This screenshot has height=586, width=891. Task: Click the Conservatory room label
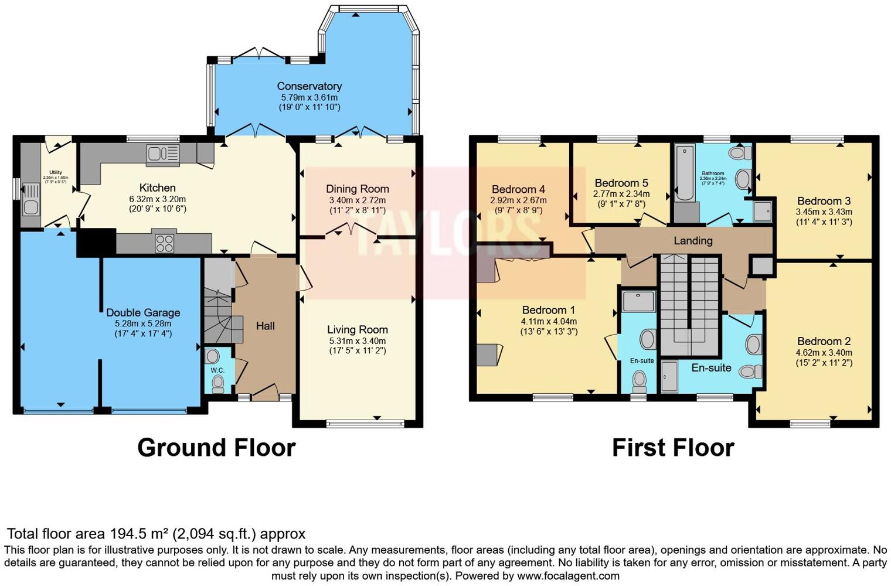point(309,86)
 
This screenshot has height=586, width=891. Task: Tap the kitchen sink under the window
point(163,154)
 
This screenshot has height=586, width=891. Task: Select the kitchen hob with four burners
point(164,243)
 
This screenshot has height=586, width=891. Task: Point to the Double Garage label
point(143,312)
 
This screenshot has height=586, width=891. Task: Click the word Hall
point(265,326)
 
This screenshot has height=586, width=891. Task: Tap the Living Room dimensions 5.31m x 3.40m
point(357,340)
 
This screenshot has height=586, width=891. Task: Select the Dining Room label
point(358,189)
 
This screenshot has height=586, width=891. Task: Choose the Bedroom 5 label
point(621,183)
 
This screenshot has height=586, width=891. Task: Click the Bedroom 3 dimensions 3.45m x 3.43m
point(824,212)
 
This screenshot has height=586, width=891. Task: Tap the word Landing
point(693,240)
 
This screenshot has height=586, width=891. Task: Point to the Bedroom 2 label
point(824,341)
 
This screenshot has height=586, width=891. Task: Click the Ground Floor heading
point(216,448)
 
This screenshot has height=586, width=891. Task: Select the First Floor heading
point(673,448)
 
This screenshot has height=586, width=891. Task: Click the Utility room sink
point(30,206)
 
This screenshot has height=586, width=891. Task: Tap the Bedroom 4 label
point(518,189)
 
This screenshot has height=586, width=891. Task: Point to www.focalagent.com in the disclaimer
point(568,575)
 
